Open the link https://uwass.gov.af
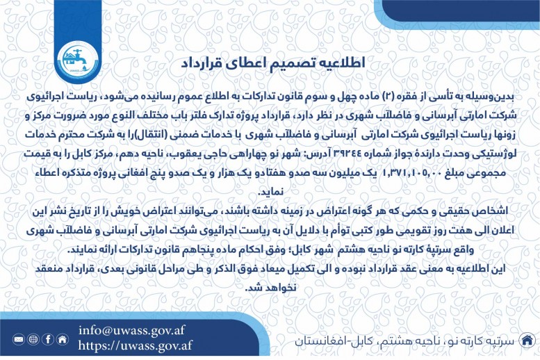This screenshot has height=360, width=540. click(135, 345)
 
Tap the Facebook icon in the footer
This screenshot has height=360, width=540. click(47, 339)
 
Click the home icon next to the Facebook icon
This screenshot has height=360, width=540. click(63, 339)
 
